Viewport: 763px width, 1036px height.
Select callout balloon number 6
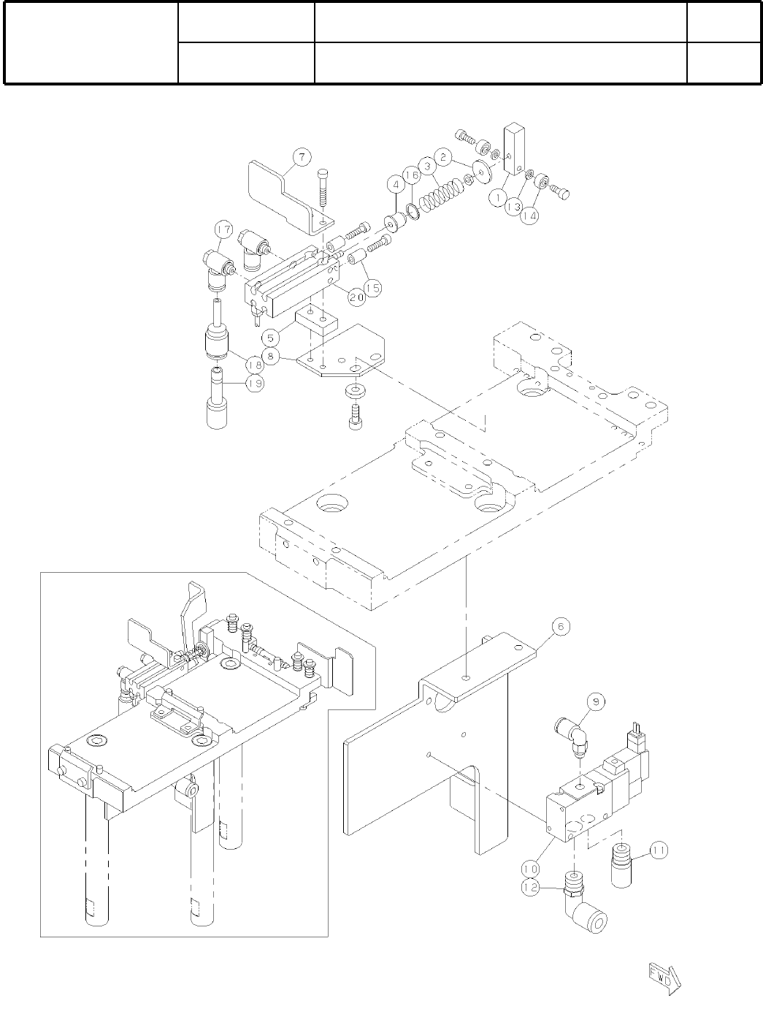pos(560,627)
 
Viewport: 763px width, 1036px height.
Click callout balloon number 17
pos(222,231)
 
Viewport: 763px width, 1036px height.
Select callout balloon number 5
pos(270,338)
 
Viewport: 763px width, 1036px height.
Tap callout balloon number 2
pos(441,156)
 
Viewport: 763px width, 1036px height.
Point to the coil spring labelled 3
pos(443,192)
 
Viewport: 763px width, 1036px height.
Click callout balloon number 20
pos(356,297)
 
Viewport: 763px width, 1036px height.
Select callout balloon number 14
pos(530,217)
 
